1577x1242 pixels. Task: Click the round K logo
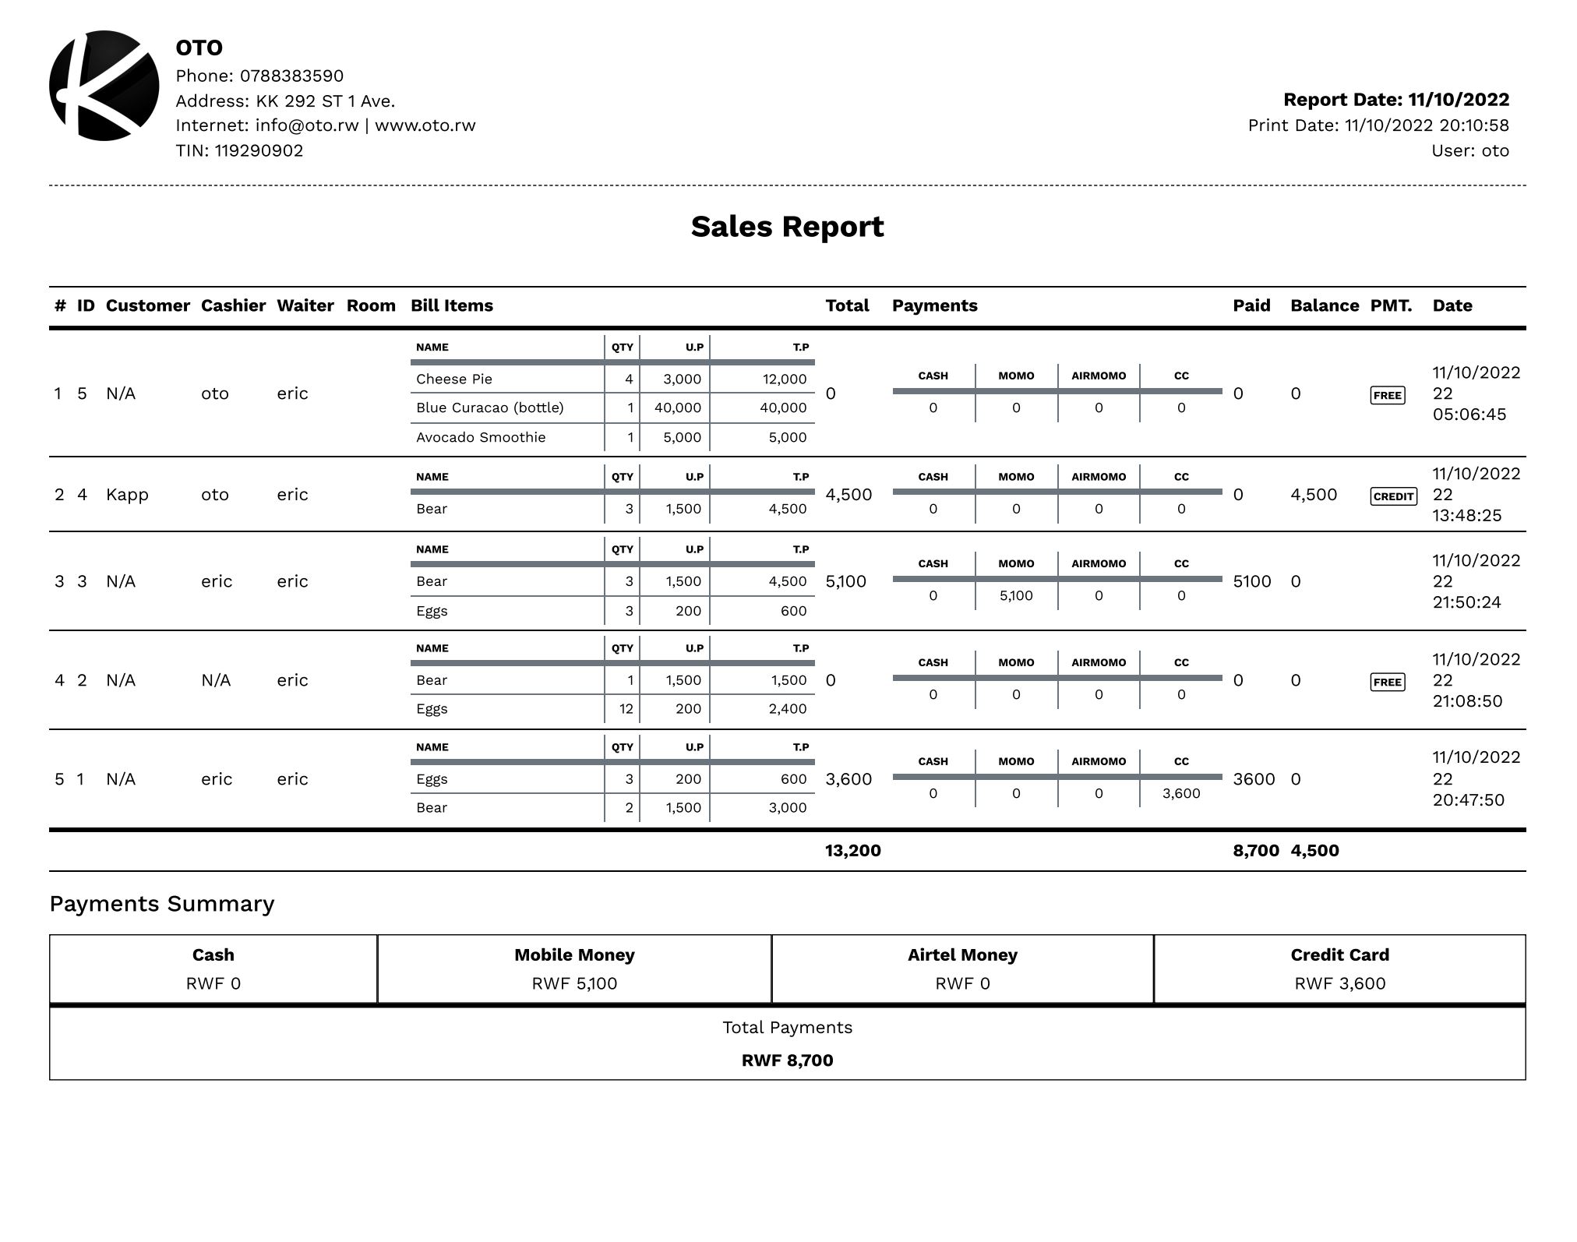104,86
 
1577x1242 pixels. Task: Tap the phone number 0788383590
291,76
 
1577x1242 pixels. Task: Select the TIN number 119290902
259,150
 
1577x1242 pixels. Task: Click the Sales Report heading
787,227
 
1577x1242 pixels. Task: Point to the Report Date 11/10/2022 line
1395,100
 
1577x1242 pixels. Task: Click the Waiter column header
305,305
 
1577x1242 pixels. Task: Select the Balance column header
1324,305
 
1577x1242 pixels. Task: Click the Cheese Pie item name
453,379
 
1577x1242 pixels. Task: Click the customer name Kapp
127,495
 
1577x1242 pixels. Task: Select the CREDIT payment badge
1393,496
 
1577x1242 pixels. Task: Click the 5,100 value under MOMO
1016,596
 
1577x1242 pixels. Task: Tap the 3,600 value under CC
1180,794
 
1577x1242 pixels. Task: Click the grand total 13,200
852,851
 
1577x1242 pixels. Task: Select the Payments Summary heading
162,904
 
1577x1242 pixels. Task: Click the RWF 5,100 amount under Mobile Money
574,983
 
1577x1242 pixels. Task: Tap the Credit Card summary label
1339,955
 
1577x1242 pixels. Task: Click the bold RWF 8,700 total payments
787,1060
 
